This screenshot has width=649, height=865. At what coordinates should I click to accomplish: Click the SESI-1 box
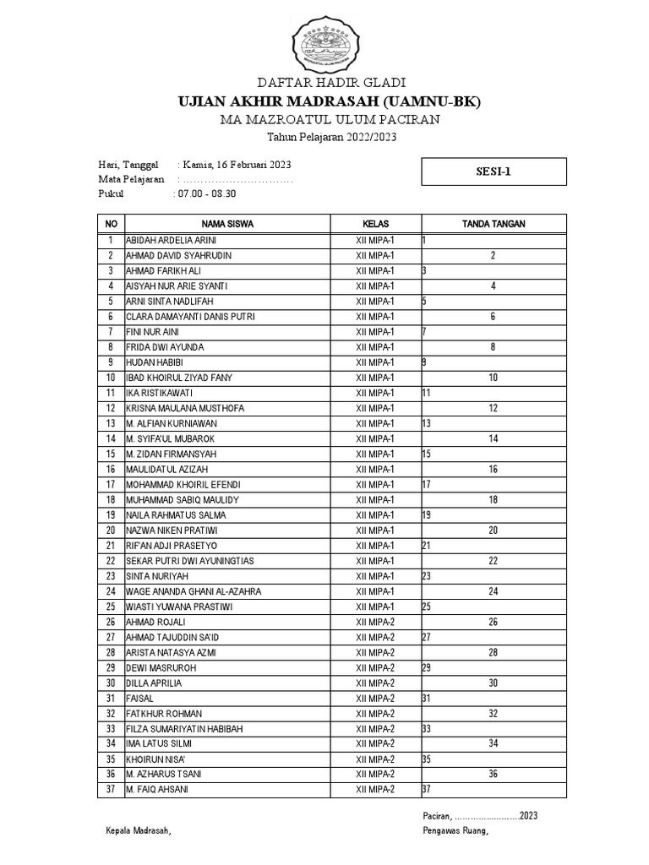pyautogui.click(x=493, y=171)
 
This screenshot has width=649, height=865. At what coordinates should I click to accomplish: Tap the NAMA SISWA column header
pyautogui.click(x=227, y=224)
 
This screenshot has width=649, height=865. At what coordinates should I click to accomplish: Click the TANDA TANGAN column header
pyautogui.click(x=494, y=224)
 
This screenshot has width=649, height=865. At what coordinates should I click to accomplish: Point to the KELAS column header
pyautogui.click(x=375, y=224)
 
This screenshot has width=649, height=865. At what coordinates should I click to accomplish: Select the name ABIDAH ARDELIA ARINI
pyautogui.click(x=171, y=240)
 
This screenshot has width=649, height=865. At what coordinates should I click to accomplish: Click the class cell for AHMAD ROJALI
pyautogui.click(x=375, y=622)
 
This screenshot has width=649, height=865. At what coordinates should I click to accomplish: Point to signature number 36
pyautogui.click(x=493, y=774)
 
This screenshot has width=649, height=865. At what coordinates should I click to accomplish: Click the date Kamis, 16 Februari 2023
pyautogui.click(x=237, y=164)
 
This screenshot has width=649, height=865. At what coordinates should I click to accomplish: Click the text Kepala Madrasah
pyautogui.click(x=139, y=830)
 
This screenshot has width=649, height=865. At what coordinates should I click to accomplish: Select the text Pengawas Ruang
pyautogui.click(x=455, y=830)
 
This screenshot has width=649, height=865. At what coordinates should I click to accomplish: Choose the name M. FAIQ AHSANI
pyautogui.click(x=157, y=789)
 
